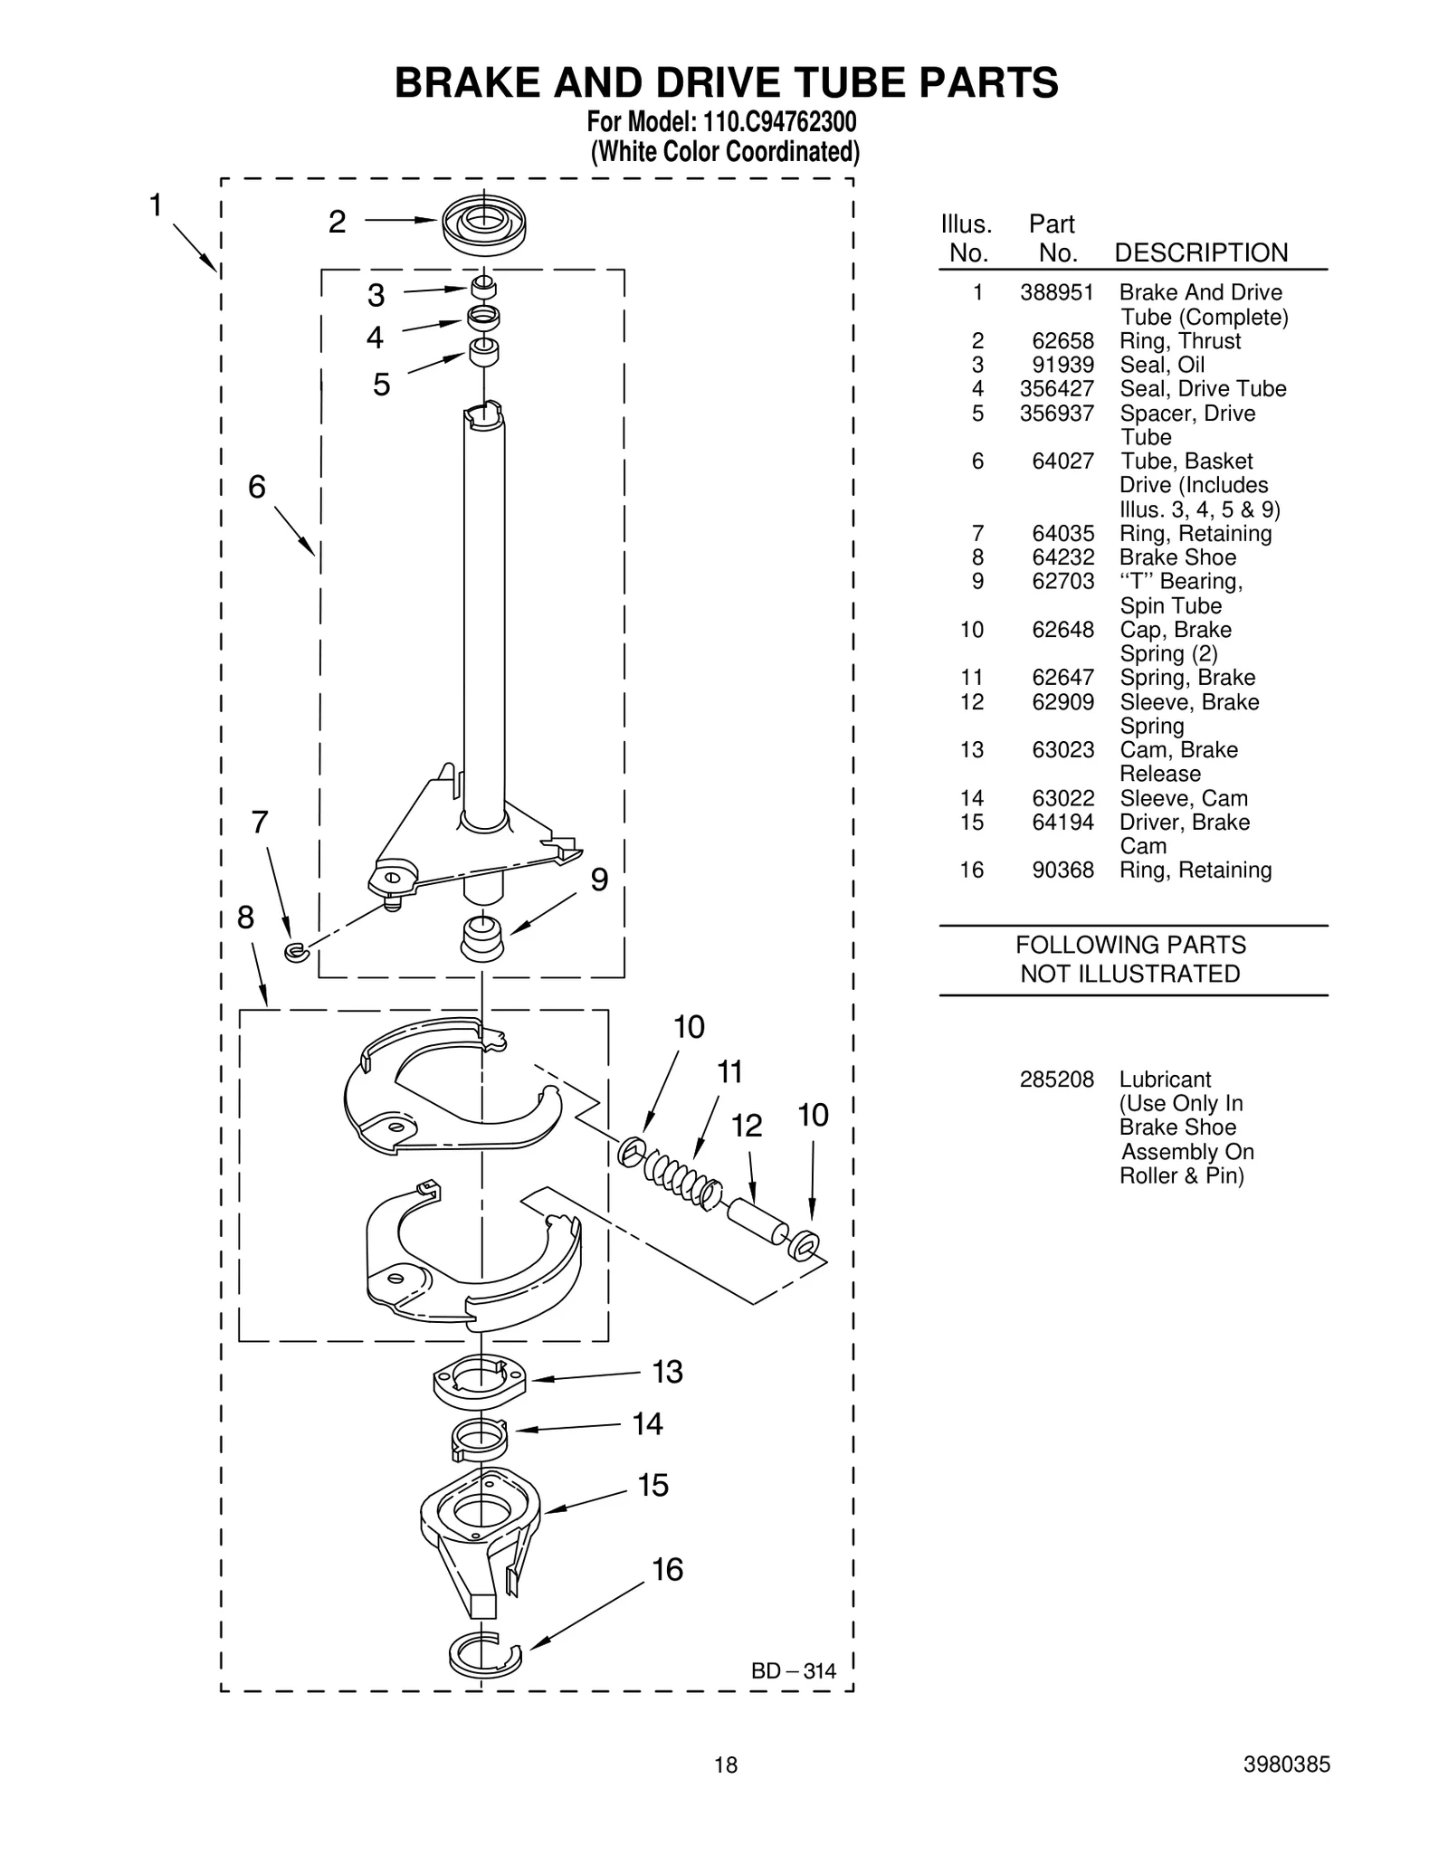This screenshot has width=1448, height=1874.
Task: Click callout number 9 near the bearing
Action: tap(599, 880)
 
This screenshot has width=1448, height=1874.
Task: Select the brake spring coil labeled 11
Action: tap(681, 1176)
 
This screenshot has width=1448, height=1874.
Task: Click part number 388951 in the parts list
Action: tap(1056, 292)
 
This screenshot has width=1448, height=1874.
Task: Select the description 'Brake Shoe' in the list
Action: tap(1176, 557)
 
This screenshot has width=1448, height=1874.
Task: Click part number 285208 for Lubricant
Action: tap(1056, 1080)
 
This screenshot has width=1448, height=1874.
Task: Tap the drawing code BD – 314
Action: tap(794, 1671)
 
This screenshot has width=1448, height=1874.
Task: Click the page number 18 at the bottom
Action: tap(725, 1765)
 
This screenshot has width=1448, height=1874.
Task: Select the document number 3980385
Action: tap(1286, 1765)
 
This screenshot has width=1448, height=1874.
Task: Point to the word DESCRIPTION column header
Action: tap(1200, 252)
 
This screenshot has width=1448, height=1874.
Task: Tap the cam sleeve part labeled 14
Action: tap(478, 1438)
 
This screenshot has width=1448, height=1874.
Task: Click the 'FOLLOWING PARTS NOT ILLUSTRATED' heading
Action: tap(1130, 959)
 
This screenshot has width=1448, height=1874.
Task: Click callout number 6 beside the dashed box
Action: tap(257, 487)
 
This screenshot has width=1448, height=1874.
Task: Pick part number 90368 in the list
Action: tap(1062, 870)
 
